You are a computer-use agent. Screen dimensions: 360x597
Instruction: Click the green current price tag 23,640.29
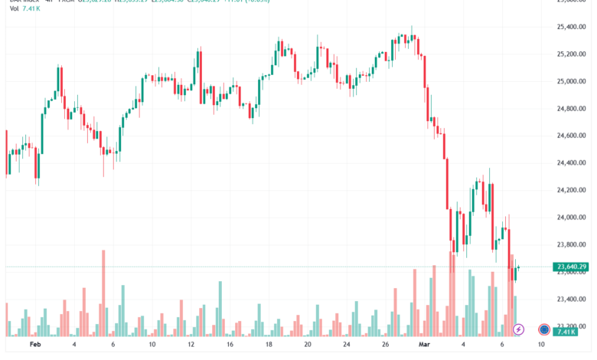[568, 267]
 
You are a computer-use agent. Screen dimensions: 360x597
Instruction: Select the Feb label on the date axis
[34, 345]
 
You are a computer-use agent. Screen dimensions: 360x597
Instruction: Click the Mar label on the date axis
[423, 345]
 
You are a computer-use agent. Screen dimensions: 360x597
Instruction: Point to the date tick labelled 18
[269, 345]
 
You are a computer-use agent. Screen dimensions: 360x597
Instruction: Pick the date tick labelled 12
[191, 345]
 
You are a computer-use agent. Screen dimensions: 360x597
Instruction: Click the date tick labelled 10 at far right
[541, 345]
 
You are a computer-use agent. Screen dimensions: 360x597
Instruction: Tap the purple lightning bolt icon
[518, 329]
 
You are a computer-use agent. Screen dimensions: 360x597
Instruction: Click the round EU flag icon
[543, 329]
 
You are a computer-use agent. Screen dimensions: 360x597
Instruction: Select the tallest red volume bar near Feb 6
[103, 295]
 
